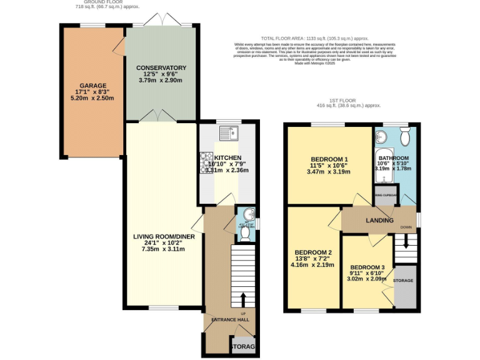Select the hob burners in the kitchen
tap(206, 163)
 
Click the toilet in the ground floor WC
tap(244, 234)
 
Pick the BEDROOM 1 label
tap(329, 158)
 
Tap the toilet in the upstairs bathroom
tap(404, 136)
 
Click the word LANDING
tap(379, 221)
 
